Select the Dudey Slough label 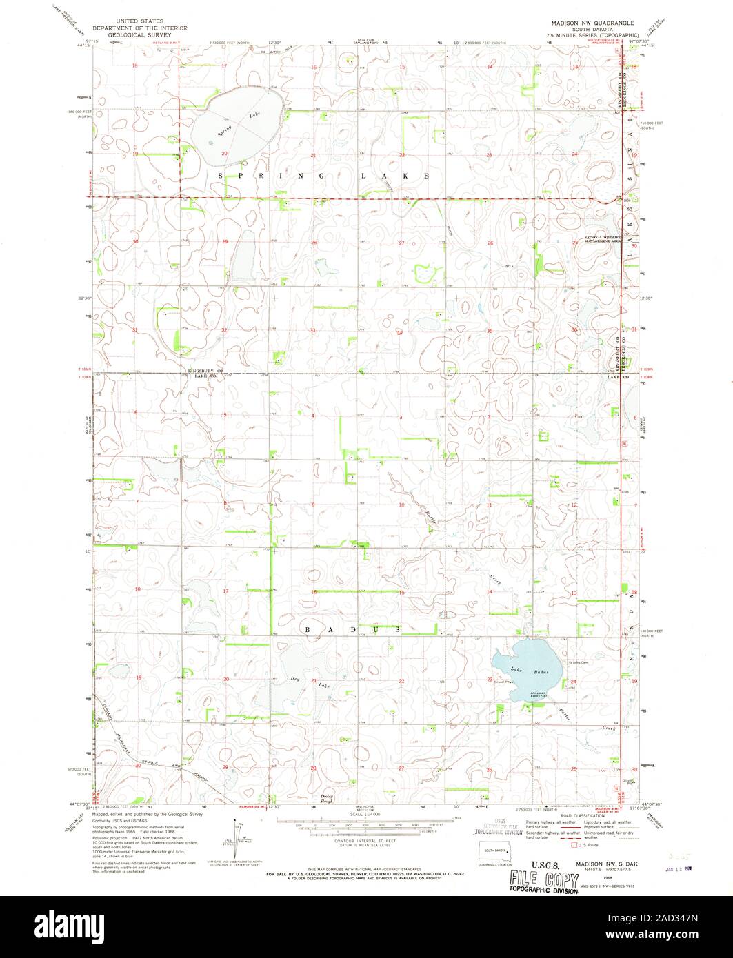click(327, 797)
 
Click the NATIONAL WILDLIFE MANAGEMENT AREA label click(603, 240)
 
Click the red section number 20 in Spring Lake click(225, 152)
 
